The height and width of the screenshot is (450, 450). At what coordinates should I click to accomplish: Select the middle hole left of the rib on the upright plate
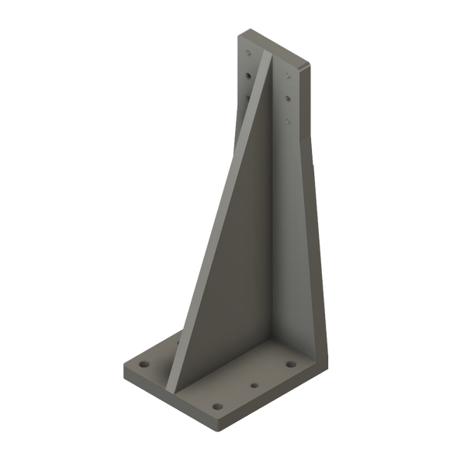click(x=247, y=77)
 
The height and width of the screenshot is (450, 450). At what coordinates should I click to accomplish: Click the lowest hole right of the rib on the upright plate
click(x=289, y=121)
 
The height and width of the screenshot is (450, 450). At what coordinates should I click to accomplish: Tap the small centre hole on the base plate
click(x=253, y=384)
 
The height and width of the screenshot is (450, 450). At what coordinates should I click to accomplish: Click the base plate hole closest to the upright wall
click(x=289, y=364)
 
